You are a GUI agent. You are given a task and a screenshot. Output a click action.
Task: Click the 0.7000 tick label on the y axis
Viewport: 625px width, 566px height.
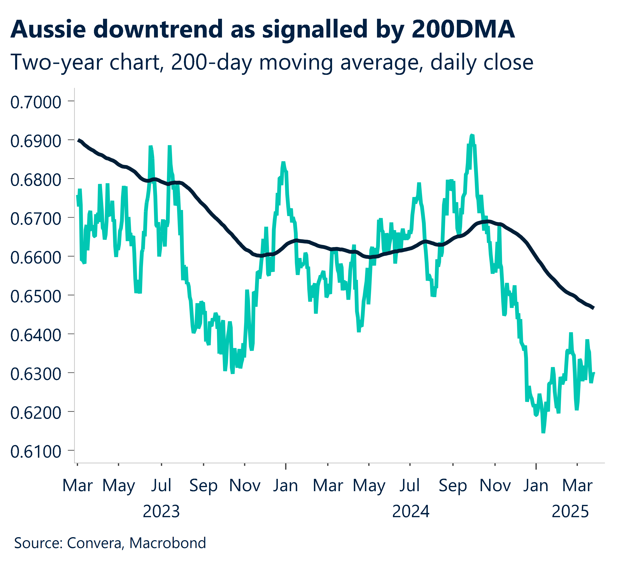coord(36,103)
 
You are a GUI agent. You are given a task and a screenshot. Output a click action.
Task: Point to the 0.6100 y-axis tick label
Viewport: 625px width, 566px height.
coord(36,452)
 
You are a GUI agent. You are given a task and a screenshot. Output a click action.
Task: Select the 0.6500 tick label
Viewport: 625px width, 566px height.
coord(36,297)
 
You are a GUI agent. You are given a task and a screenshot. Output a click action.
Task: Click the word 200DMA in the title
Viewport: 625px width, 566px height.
coord(464,29)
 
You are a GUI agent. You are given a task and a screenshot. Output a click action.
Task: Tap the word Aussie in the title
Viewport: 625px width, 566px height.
coord(48,29)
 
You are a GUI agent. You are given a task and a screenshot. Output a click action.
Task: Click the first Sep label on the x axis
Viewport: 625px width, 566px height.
coord(203,486)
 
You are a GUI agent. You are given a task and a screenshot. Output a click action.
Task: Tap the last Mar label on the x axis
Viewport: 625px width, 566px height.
coord(577,486)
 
